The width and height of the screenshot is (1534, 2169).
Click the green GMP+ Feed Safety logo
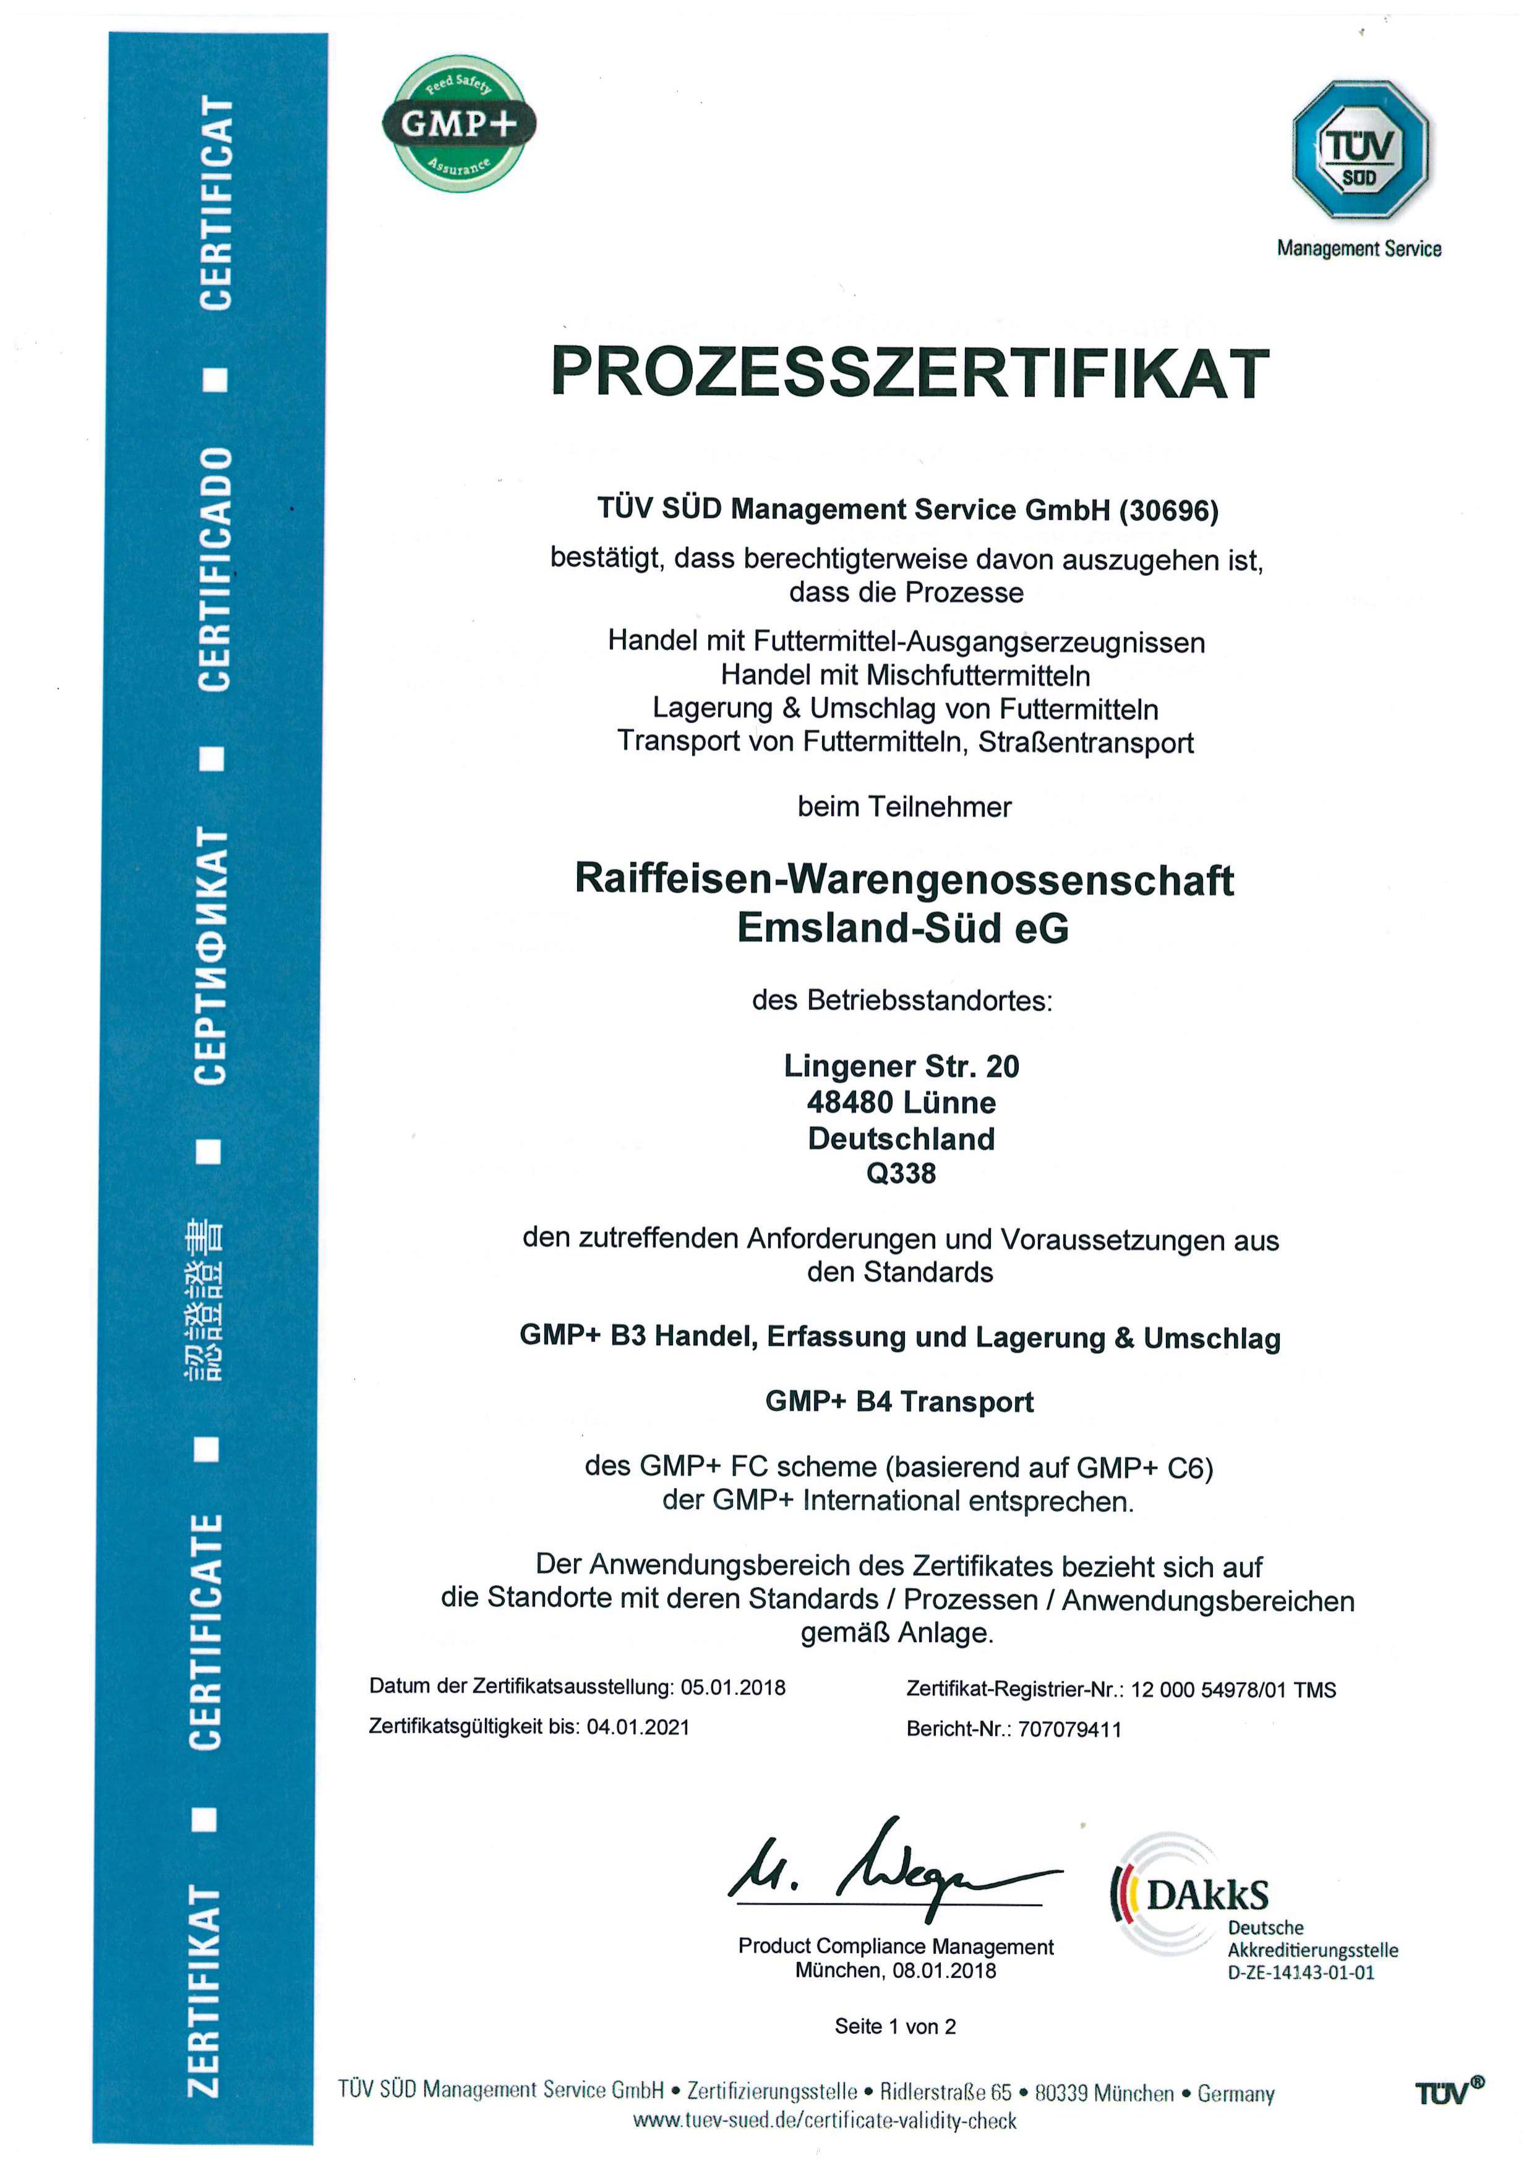[x=459, y=124]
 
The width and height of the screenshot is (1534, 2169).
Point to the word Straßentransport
[x=1086, y=743]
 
